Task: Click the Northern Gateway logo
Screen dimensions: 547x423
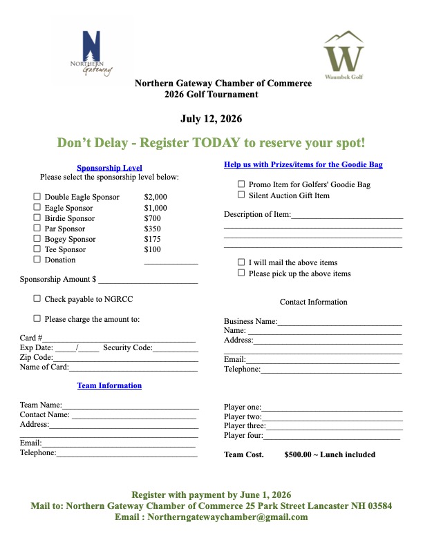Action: [91, 53]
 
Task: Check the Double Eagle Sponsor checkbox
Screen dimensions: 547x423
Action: [37, 197]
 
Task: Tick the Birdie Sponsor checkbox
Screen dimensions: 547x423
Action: [37, 218]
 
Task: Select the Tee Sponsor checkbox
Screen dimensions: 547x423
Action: [37, 249]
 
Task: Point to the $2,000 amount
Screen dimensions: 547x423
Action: [156, 198]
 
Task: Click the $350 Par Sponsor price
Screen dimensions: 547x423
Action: [153, 229]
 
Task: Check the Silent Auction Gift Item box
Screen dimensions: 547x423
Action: [241, 195]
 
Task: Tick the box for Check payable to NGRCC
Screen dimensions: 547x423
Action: [37, 299]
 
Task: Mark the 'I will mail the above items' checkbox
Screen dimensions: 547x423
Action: [241, 262]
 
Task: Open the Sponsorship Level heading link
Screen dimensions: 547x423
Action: [109, 168]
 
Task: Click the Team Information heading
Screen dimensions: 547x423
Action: [109, 385]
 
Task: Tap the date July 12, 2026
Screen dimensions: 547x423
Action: [211, 119]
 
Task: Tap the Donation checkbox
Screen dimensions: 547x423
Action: [37, 260]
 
